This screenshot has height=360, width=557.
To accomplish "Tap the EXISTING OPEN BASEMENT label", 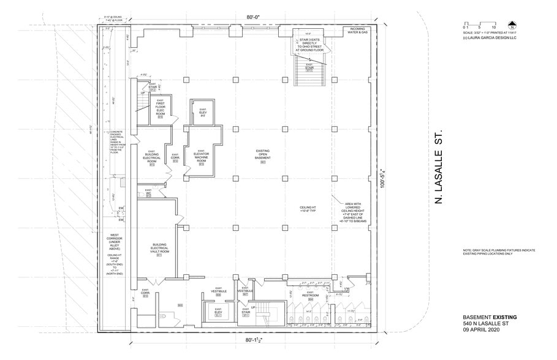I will [x=263, y=156].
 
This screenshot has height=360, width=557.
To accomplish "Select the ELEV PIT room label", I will [x=202, y=113].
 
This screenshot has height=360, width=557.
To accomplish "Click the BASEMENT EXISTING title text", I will [x=490, y=317].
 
